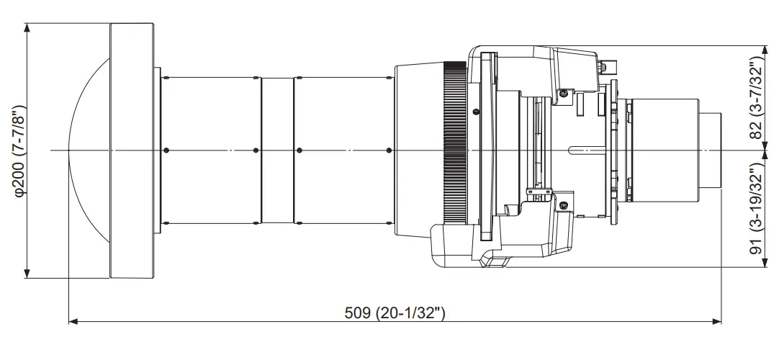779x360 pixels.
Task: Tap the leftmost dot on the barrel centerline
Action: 166,150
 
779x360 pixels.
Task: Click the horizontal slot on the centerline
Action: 586,150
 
